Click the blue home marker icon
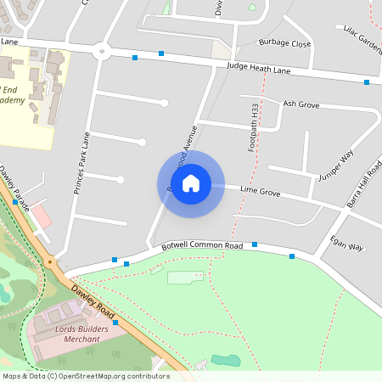coord(191,183)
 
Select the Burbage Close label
coord(285,43)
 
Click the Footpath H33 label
coord(253,128)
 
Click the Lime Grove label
coord(260,192)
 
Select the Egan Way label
coord(346,243)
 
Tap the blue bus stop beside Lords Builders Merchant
coord(115,312)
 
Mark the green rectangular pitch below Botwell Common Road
coord(186,278)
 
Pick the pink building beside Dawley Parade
coord(42,216)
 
